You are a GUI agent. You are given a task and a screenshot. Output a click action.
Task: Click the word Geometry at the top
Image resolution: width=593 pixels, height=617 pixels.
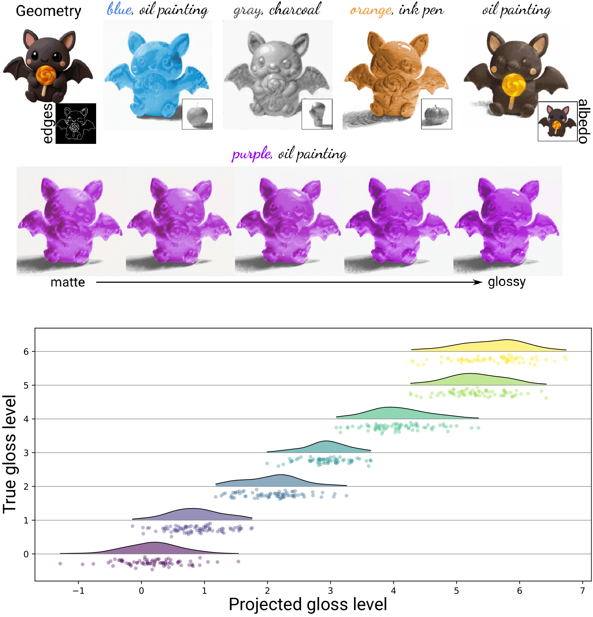(x=48, y=11)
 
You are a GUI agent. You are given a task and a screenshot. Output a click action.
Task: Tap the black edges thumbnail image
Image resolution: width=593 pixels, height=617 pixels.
(x=76, y=123)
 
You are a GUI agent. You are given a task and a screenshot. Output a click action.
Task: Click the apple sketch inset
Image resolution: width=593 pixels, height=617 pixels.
(x=197, y=114)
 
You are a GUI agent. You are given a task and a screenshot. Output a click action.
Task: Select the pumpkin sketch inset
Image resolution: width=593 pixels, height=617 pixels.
(x=437, y=114)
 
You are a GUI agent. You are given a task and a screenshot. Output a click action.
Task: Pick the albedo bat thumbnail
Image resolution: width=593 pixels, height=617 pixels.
(x=557, y=121)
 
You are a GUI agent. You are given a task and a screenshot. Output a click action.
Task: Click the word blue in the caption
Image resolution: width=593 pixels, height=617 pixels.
(x=119, y=10)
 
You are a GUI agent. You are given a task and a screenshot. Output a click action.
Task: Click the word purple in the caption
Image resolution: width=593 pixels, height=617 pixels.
(x=251, y=154)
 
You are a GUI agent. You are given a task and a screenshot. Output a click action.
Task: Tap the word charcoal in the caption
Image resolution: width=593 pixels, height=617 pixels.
(x=295, y=9)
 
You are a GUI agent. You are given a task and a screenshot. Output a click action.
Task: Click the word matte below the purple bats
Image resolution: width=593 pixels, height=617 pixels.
(x=68, y=282)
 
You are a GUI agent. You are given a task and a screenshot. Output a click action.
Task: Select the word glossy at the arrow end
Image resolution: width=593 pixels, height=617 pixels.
(x=507, y=282)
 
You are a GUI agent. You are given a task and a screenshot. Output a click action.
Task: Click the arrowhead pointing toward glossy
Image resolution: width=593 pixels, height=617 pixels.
(x=478, y=282)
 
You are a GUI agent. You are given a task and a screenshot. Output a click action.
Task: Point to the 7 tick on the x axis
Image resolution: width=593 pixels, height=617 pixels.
(x=583, y=582)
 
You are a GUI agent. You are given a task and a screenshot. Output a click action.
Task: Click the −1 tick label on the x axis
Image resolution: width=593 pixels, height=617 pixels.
(x=78, y=590)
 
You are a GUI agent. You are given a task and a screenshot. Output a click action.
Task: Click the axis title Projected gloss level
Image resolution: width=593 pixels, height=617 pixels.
(x=308, y=605)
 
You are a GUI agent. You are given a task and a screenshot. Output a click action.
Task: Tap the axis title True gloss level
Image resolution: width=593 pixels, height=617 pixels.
(x=9, y=454)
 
